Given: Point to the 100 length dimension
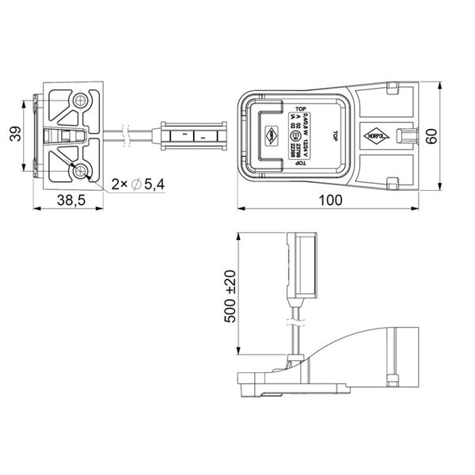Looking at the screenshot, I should coord(332,201).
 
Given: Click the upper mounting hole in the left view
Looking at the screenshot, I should coord(81,102).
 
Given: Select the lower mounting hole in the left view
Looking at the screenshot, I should coord(81,171).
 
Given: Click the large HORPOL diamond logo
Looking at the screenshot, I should coord(378,135).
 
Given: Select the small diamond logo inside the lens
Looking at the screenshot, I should coord(271,135).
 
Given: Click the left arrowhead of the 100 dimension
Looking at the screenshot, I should coord(241,209).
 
